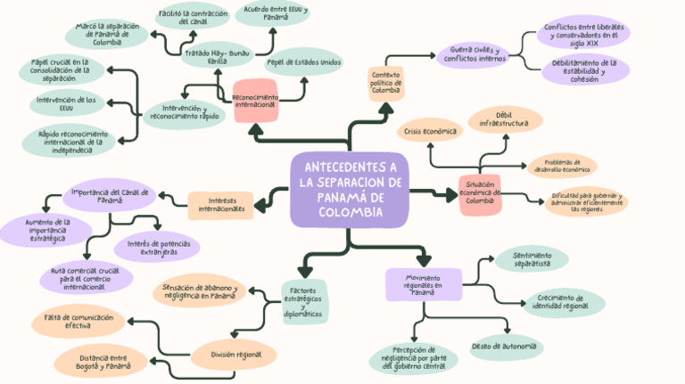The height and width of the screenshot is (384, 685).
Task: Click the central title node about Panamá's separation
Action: pyautogui.click(x=350, y=191)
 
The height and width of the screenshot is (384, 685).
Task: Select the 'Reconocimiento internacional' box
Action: pyautogui.click(x=254, y=100)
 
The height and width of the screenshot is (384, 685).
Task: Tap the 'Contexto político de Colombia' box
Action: pyautogui.click(x=386, y=83)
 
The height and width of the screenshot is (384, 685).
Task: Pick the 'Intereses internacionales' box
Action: pyautogui.click(x=220, y=204)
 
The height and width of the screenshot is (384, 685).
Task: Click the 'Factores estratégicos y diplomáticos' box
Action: pyautogui.click(x=304, y=302)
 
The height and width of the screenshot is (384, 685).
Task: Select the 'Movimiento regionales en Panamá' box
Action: pyautogui.click(x=423, y=285)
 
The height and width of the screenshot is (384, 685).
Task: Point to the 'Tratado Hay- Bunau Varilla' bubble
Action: pyautogui.click(x=217, y=57)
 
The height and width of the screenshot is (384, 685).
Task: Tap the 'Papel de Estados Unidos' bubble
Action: pyautogui.click(x=303, y=62)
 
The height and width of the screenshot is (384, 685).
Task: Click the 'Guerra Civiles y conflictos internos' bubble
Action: pyautogui.click(x=472, y=54)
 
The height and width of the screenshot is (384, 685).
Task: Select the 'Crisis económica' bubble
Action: pyautogui.click(x=430, y=131)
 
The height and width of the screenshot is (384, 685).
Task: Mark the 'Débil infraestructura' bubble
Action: pyautogui.click(x=504, y=118)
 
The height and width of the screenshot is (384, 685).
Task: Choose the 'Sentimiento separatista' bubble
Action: pyautogui.click(x=532, y=259)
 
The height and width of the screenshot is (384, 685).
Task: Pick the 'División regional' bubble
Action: pyautogui.click(x=236, y=355)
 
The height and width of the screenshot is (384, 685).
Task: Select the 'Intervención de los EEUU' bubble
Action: pyautogui.click(x=66, y=104)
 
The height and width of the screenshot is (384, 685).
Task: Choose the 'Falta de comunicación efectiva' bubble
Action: pyautogui.click(x=78, y=321)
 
